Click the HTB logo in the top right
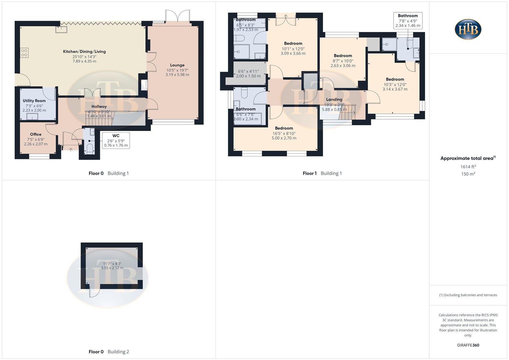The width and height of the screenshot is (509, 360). pyautogui.click(x=468, y=29)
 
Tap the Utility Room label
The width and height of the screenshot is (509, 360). pyautogui.click(x=34, y=101)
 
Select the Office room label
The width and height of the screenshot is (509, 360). pyautogui.click(x=36, y=134)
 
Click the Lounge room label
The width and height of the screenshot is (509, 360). pyautogui.click(x=177, y=65)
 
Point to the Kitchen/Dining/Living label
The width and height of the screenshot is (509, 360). pyautogui.click(x=84, y=52)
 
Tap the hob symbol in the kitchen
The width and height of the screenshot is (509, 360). pyautogui.click(x=24, y=53)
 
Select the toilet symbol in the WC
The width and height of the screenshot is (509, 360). pyautogui.click(x=90, y=148)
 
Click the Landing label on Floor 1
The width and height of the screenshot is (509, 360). pyautogui.click(x=334, y=100)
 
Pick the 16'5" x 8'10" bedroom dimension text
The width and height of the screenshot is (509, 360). pyautogui.click(x=284, y=133)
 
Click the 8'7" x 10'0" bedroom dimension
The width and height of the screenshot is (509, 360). pyautogui.click(x=343, y=61)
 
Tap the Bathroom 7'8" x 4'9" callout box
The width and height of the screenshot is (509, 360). pyautogui.click(x=408, y=21)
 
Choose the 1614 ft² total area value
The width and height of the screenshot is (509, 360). pyautogui.click(x=468, y=167)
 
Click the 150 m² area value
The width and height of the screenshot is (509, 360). pyautogui.click(x=468, y=174)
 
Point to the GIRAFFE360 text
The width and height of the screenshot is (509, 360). pyautogui.click(x=468, y=345)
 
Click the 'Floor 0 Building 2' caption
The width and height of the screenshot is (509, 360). pyautogui.click(x=109, y=352)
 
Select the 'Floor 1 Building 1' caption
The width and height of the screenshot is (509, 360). pyautogui.click(x=322, y=173)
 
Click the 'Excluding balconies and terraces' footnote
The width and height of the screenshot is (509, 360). pyautogui.click(x=468, y=295)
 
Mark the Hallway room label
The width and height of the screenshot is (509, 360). pyautogui.click(x=99, y=107)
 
